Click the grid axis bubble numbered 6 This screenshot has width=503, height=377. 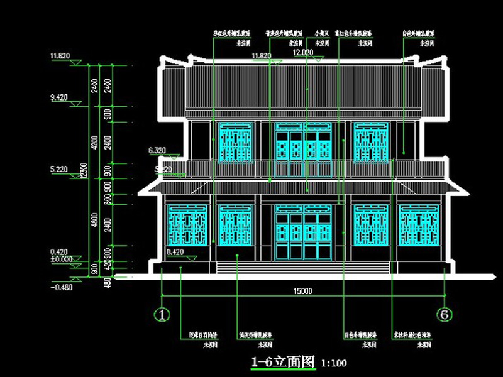pos(445,314)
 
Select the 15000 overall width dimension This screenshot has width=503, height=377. pos(304,291)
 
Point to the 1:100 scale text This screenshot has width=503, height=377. pos(333,363)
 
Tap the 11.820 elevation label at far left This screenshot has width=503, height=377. pos(60,57)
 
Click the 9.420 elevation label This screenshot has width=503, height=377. pos(60,97)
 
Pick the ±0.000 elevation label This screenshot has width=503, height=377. pos(60,258)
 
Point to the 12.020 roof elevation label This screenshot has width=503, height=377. pos(303,53)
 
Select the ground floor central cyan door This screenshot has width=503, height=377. pos(303,232)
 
